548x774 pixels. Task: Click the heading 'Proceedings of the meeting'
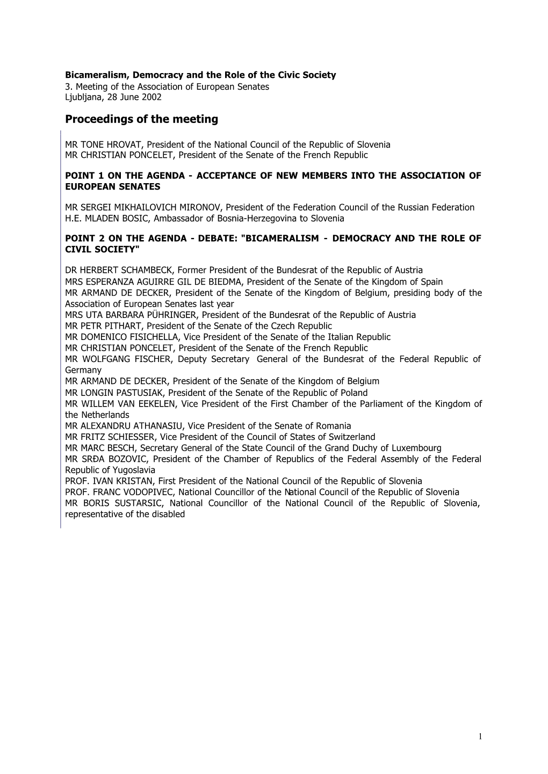pyautogui.click(x=141, y=119)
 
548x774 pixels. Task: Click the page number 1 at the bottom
pyautogui.click(x=480, y=736)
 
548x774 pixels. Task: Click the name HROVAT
pyautogui.click(x=125, y=144)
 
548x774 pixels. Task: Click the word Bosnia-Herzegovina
pyautogui.click(x=254, y=219)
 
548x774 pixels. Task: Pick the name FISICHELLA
pyautogui.click(x=154, y=337)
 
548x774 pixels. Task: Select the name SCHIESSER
pyautogui.click(x=128, y=437)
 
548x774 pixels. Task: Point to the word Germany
pyautogui.click(x=83, y=370)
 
